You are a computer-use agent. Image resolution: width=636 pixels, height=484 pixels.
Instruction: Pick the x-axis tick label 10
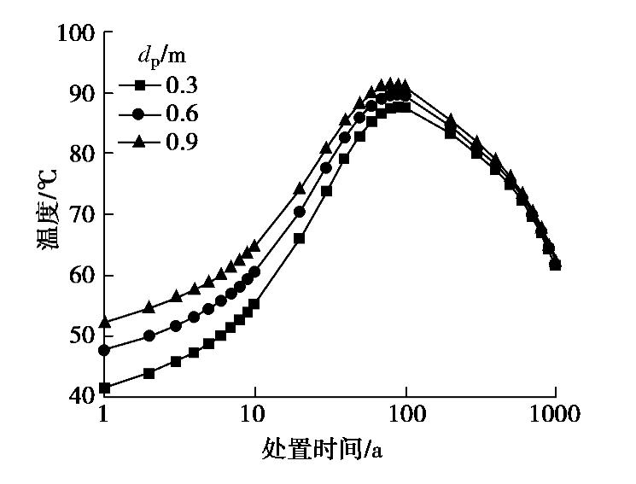(x=254, y=416)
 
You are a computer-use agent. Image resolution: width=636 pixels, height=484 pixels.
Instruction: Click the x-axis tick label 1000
(x=555, y=416)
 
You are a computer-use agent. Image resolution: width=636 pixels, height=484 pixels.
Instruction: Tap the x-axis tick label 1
(x=104, y=416)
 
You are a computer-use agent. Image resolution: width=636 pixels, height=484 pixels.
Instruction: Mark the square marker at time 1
(x=104, y=388)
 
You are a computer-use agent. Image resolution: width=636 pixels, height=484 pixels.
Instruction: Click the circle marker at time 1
(x=104, y=350)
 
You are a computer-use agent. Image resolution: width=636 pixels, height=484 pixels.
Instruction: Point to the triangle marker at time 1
(x=104, y=323)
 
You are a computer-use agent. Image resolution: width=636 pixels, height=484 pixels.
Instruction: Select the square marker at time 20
(x=299, y=238)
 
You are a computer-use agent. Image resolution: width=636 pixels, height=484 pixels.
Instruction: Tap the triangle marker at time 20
(x=299, y=188)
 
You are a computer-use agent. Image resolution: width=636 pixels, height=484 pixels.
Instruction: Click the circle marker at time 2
(x=149, y=336)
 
